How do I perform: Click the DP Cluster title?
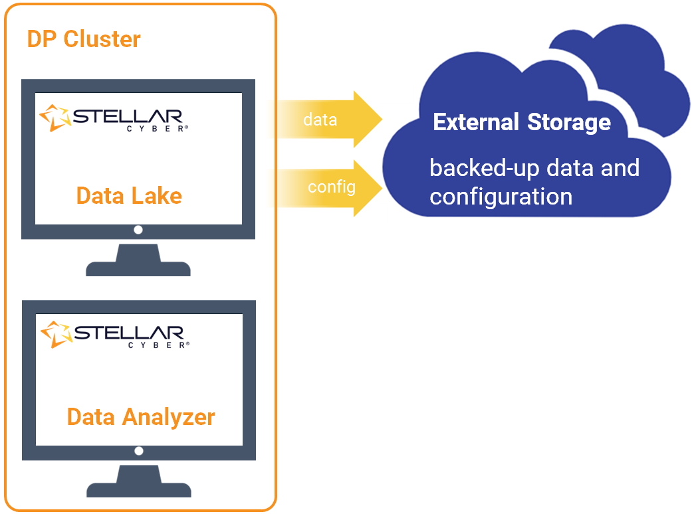pyautogui.click(x=84, y=39)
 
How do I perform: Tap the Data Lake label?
pyautogui.click(x=129, y=196)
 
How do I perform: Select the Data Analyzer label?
pyautogui.click(x=141, y=417)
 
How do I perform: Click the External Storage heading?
pyautogui.click(x=522, y=122)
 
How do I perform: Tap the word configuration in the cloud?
pyautogui.click(x=501, y=197)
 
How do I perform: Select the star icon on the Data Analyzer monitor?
pyautogui.click(x=55, y=333)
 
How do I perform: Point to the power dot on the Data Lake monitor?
pyautogui.click(x=138, y=230)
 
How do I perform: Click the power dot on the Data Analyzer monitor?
pyautogui.click(x=139, y=451)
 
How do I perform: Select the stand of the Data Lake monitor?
pyautogui.click(x=138, y=260)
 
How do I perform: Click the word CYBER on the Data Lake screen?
pyautogui.click(x=157, y=129)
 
